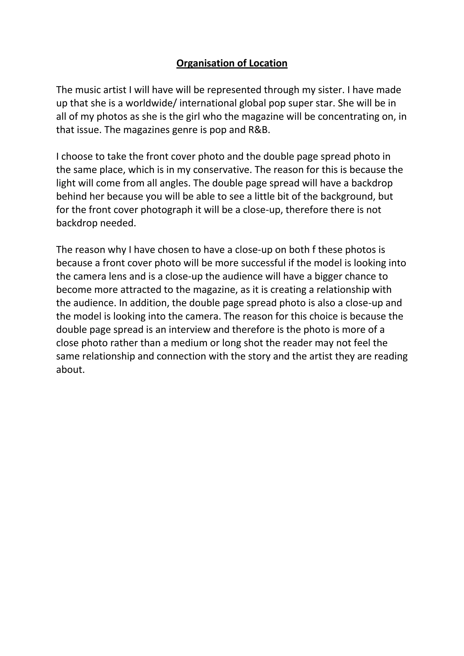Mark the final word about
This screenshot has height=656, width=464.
click(70, 370)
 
